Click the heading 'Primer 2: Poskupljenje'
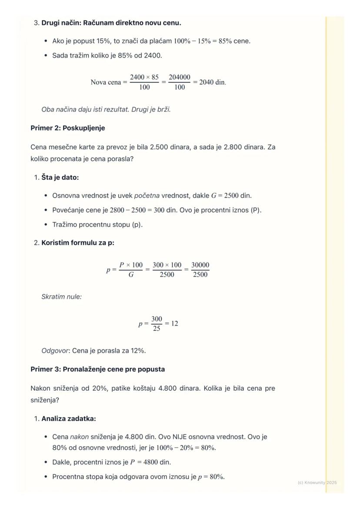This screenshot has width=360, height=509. [68, 128]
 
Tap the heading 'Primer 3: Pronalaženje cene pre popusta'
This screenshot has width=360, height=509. [98, 369]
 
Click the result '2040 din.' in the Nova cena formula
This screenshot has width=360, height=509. [213, 82]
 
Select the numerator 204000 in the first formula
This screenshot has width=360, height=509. [180, 77]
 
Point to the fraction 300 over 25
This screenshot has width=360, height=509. [157, 324]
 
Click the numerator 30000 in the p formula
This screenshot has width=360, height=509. [200, 265]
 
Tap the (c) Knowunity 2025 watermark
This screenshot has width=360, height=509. [317, 482]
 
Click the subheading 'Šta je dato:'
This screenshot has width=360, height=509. [60, 177]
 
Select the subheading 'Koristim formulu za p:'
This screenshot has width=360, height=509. [78, 243]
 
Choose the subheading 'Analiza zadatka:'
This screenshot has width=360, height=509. [69, 419]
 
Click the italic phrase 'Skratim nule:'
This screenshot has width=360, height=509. [61, 297]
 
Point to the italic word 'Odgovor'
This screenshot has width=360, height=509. [54, 351]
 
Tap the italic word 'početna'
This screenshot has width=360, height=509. [147, 196]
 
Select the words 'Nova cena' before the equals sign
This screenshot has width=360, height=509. [106, 82]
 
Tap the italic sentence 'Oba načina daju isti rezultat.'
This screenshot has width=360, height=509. [85, 110]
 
